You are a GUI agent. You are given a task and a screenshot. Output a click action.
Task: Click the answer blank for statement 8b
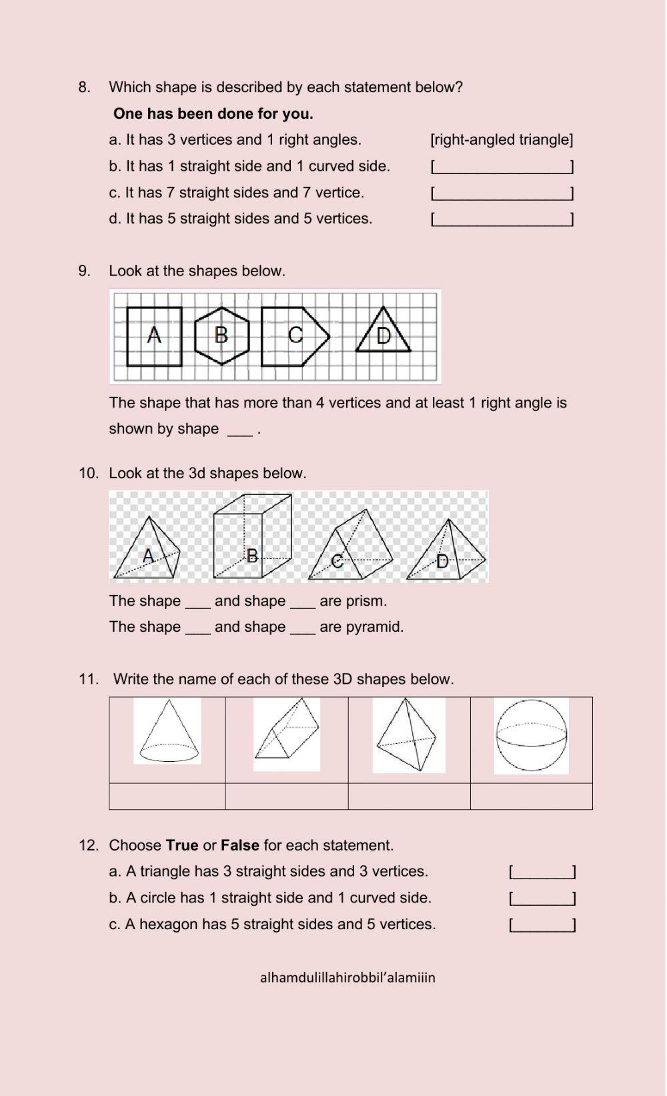pyautogui.click(x=502, y=167)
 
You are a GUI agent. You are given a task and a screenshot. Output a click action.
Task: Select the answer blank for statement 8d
pyautogui.click(x=502, y=219)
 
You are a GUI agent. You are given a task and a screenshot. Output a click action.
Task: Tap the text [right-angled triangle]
pyautogui.click(x=502, y=140)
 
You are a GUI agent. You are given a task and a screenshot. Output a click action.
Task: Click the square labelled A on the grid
pyautogui.click(x=154, y=336)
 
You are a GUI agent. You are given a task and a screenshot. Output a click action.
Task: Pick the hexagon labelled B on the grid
pyautogui.click(x=222, y=336)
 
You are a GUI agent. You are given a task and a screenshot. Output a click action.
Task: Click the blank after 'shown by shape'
pyautogui.click(x=239, y=430)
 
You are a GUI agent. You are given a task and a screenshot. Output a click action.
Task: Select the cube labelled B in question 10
pyautogui.click(x=252, y=537)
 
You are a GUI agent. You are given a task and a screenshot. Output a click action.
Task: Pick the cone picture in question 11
pyautogui.click(x=167, y=731)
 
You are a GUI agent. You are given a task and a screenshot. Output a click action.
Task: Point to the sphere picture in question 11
pyautogui.click(x=532, y=736)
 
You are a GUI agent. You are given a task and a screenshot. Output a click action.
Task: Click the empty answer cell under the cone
pyautogui.click(x=167, y=796)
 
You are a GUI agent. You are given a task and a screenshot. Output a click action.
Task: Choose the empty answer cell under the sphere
pyautogui.click(x=532, y=796)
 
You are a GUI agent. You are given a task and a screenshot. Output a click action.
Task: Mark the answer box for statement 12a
pyautogui.click(x=542, y=872)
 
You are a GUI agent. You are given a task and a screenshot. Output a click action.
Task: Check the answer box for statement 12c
pyautogui.click(x=542, y=925)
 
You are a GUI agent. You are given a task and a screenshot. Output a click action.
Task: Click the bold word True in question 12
pyautogui.click(x=182, y=846)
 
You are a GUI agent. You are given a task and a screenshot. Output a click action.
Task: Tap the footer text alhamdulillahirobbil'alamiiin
pyautogui.click(x=348, y=978)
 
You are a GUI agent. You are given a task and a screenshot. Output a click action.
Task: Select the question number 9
pyautogui.click(x=84, y=271)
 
